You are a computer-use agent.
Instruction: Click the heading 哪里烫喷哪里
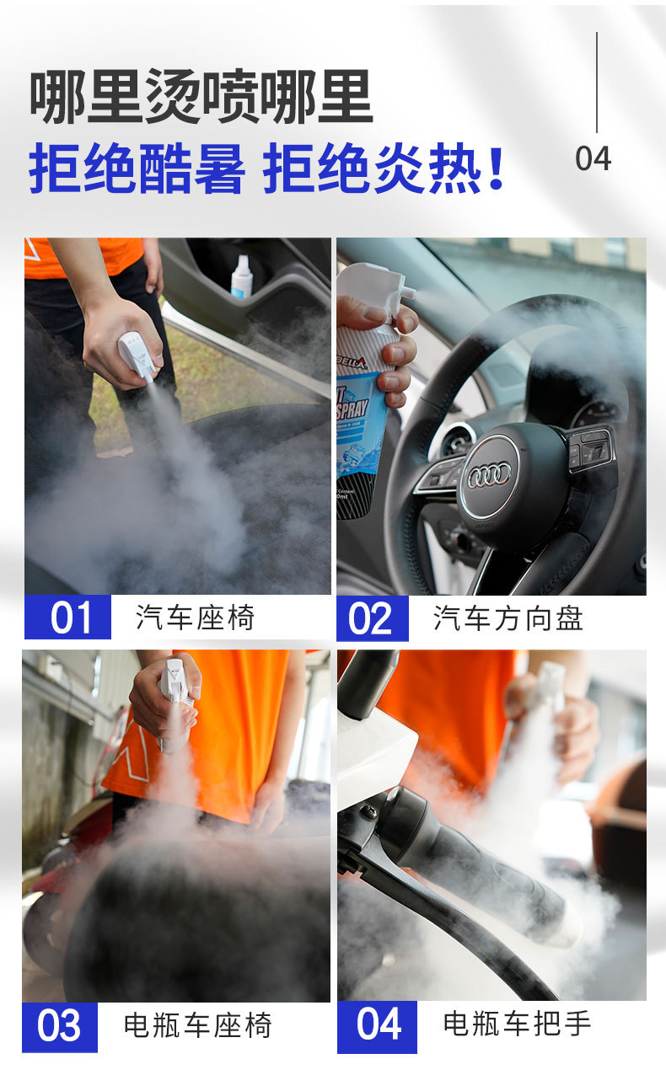point(201,98)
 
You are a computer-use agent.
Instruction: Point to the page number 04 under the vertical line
point(593,158)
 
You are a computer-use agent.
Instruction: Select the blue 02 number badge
point(372,618)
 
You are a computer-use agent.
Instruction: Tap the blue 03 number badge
point(60,1027)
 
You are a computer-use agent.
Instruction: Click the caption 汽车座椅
point(195,618)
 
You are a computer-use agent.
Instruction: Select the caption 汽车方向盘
point(508,618)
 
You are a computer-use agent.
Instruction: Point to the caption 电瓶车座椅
point(198,1026)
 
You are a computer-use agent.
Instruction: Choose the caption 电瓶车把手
point(517,1024)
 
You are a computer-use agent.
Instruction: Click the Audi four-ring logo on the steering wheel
point(489,475)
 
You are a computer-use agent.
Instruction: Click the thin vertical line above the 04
point(597,83)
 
